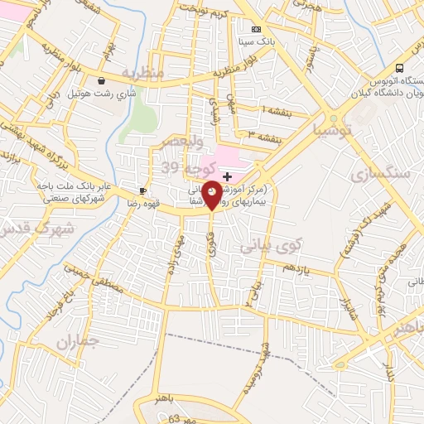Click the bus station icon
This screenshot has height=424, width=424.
[x=400, y=68]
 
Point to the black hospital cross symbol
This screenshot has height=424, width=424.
[x=228, y=177]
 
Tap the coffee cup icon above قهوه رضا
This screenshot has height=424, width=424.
[x=142, y=190]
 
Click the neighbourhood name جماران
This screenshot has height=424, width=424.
[x=77, y=340]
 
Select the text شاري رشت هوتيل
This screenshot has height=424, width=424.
[x=102, y=94]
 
